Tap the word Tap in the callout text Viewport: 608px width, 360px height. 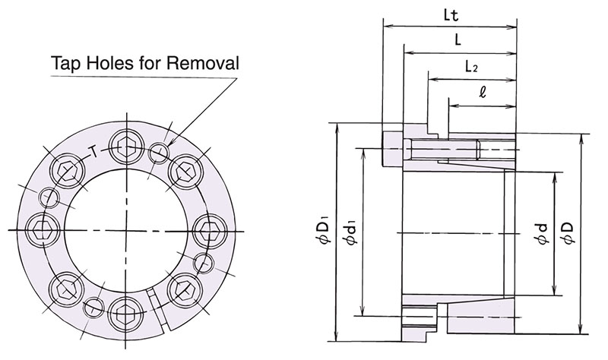(65, 62)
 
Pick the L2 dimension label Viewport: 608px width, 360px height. (470, 67)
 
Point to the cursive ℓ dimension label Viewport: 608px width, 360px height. (483, 93)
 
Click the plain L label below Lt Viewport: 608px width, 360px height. (459, 42)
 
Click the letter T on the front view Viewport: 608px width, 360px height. (93, 150)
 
